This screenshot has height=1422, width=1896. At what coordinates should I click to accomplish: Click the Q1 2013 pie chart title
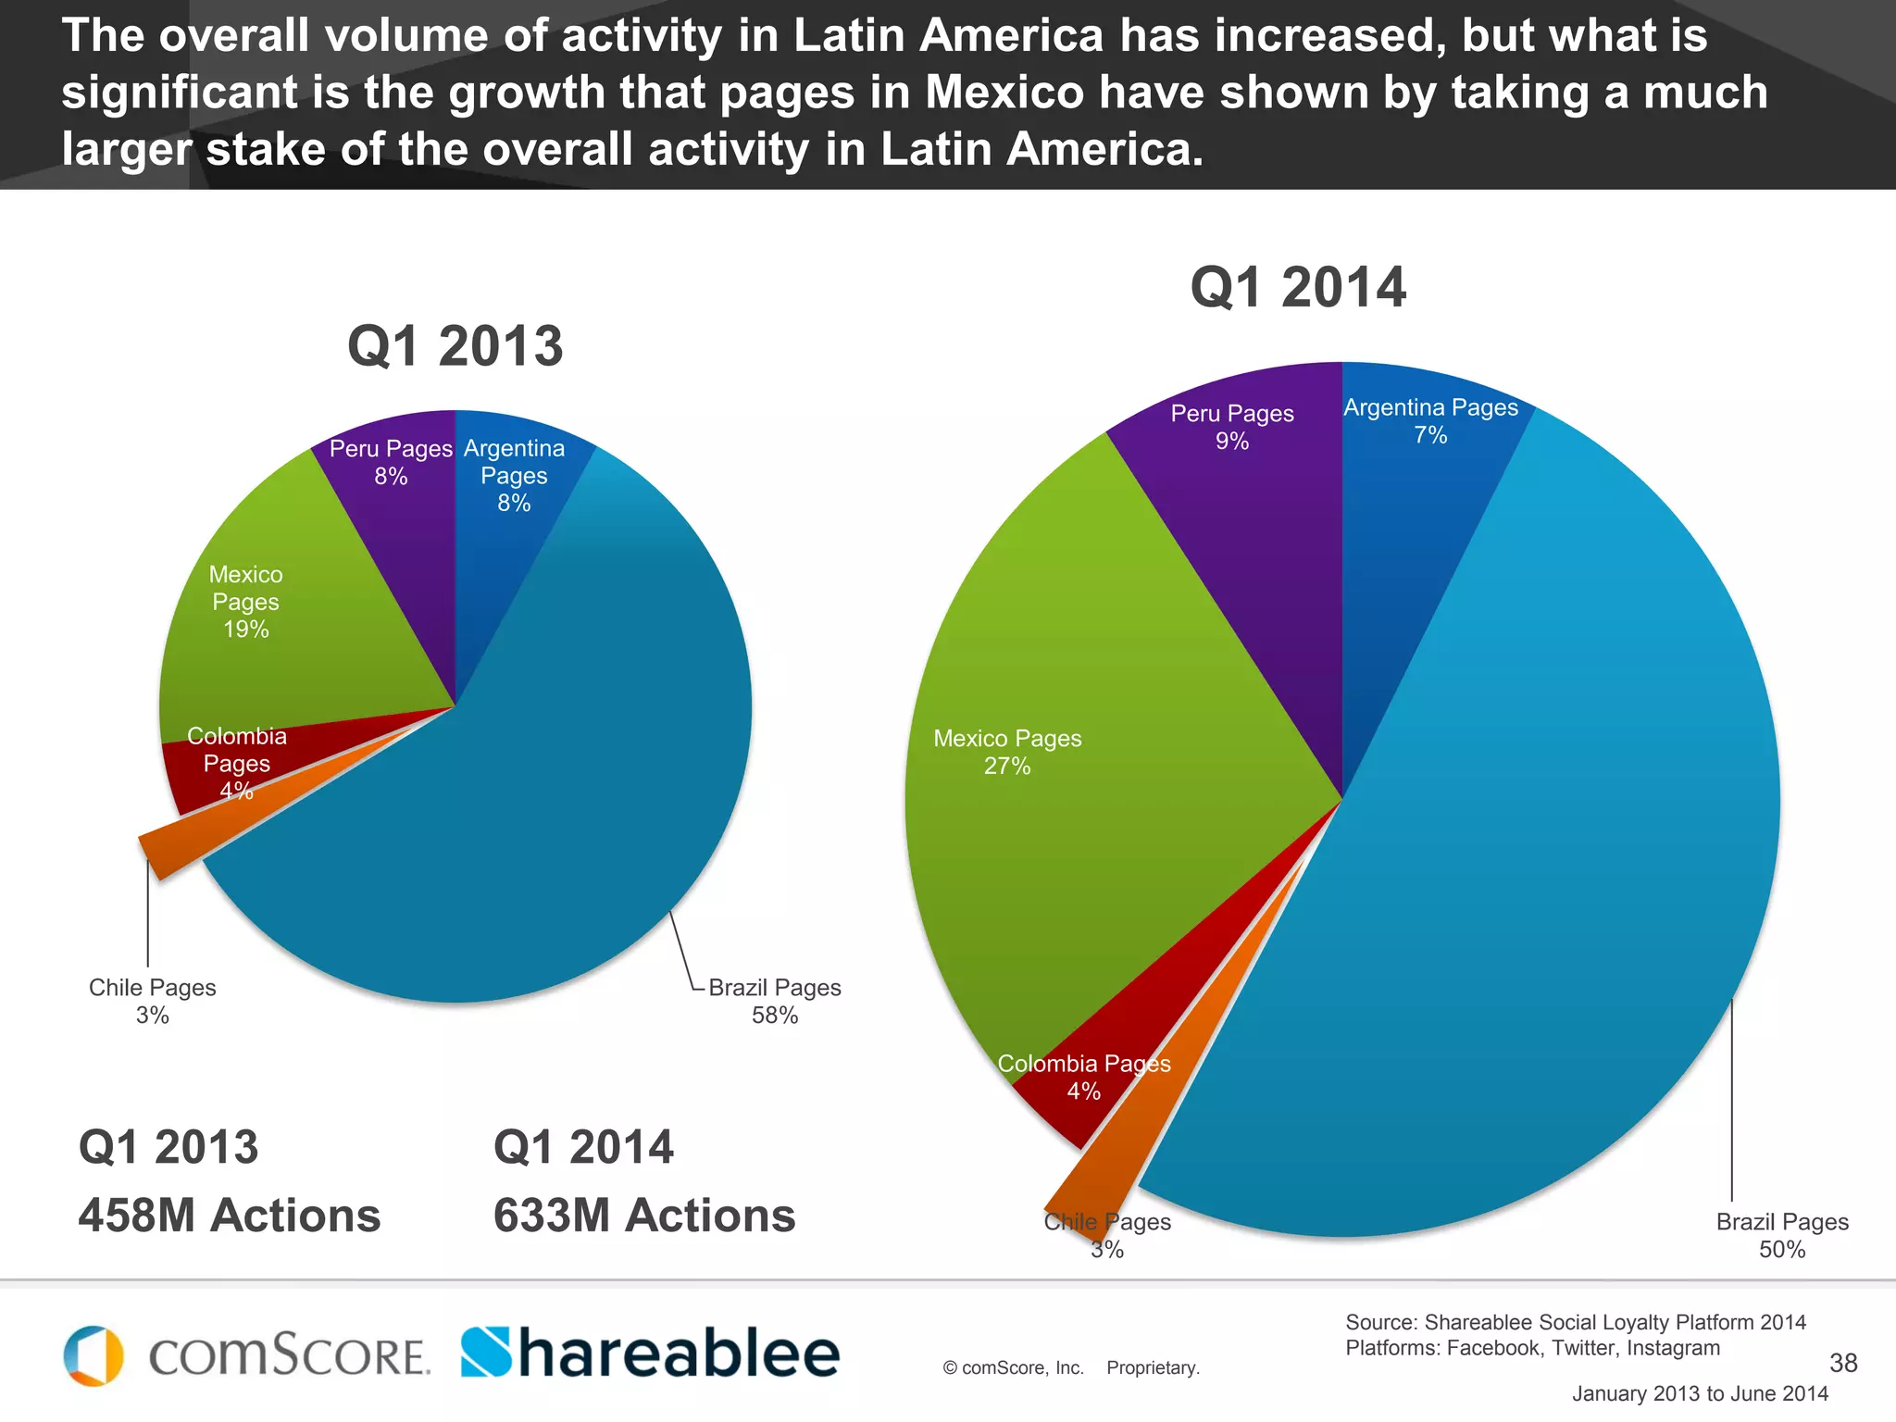coord(455,346)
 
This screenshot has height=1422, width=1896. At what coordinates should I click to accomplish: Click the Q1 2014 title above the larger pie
coord(1297,287)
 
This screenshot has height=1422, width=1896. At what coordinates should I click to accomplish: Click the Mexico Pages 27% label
coord(1007,752)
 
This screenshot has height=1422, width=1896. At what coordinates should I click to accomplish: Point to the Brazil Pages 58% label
coord(774,1001)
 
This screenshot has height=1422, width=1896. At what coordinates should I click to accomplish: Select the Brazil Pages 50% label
coord(1781,1235)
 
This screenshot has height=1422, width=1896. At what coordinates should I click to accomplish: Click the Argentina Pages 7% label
coord(1430,420)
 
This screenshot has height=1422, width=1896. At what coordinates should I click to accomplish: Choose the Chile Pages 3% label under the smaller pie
coord(152,1001)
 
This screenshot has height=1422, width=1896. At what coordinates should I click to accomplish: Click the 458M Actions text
coord(229,1215)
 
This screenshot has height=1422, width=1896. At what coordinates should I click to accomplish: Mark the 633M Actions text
coord(644,1215)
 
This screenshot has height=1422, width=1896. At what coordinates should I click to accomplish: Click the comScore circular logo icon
coord(94,1355)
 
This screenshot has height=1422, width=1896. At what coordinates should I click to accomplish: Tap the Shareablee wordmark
coord(650,1353)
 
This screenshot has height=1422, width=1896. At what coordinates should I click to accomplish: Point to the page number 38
coord(1842,1362)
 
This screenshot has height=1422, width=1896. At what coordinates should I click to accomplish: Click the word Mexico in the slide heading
coord(1004,93)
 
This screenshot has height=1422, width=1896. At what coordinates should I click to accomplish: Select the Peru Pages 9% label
coord(1231,427)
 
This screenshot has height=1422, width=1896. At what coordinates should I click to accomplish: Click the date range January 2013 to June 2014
coord(1700,1393)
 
